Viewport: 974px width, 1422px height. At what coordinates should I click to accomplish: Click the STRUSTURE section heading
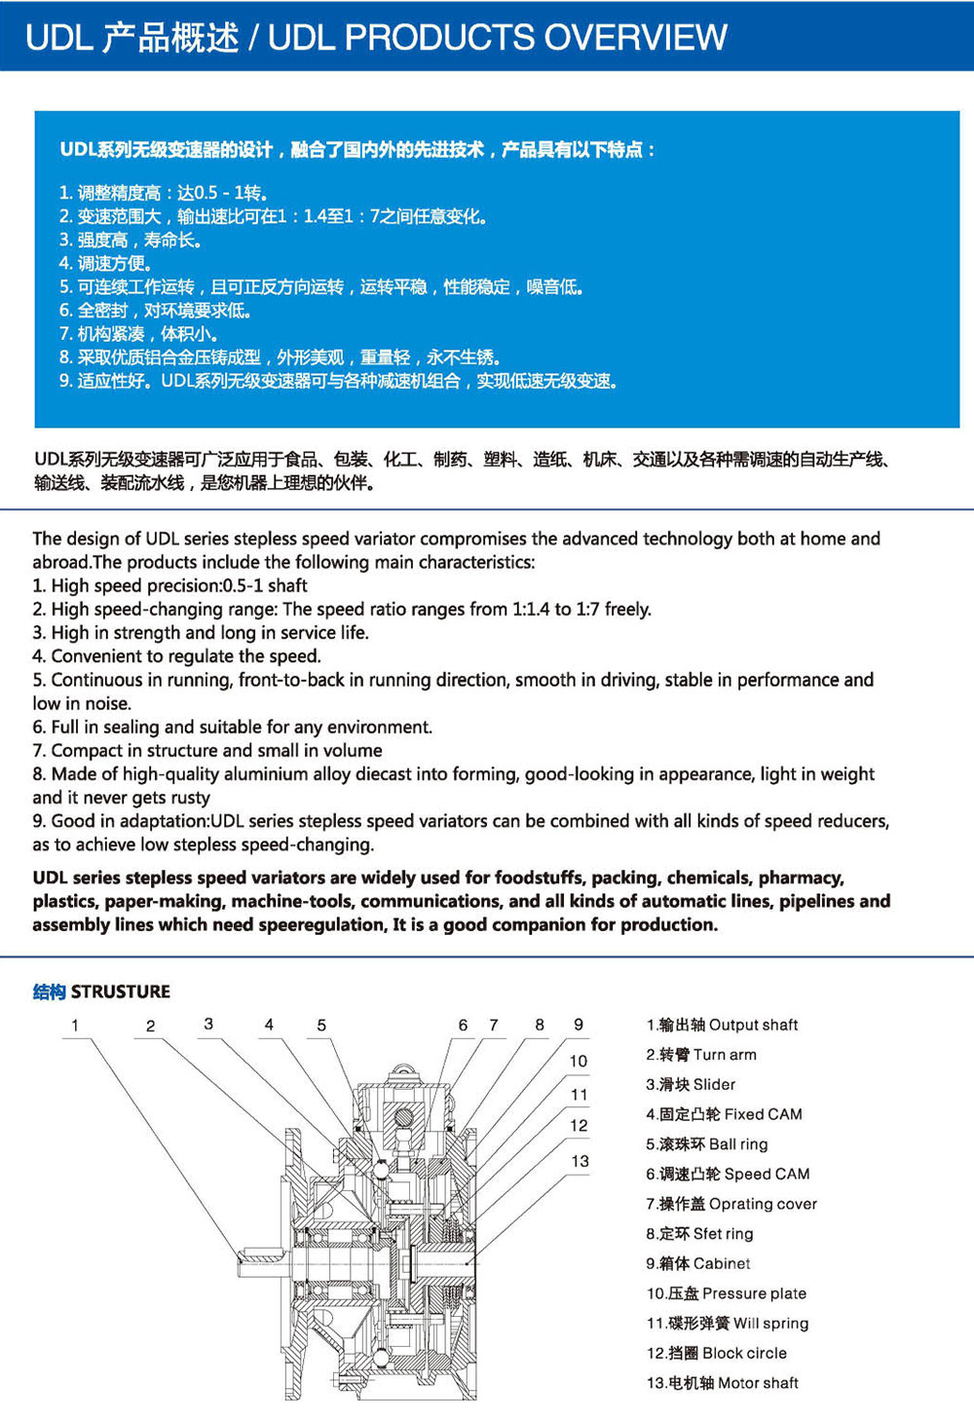120,992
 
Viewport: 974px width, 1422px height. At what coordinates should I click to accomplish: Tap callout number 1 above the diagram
75,1025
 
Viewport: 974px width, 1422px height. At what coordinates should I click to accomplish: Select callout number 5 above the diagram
321,1025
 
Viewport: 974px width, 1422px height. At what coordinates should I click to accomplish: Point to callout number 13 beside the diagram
581,1161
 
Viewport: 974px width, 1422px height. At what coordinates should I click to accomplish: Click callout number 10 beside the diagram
579,1061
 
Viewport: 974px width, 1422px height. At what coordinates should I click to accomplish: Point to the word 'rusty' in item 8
190,798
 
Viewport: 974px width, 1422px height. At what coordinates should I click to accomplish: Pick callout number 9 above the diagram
579,1025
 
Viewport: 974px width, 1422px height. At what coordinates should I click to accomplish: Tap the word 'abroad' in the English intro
60,562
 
